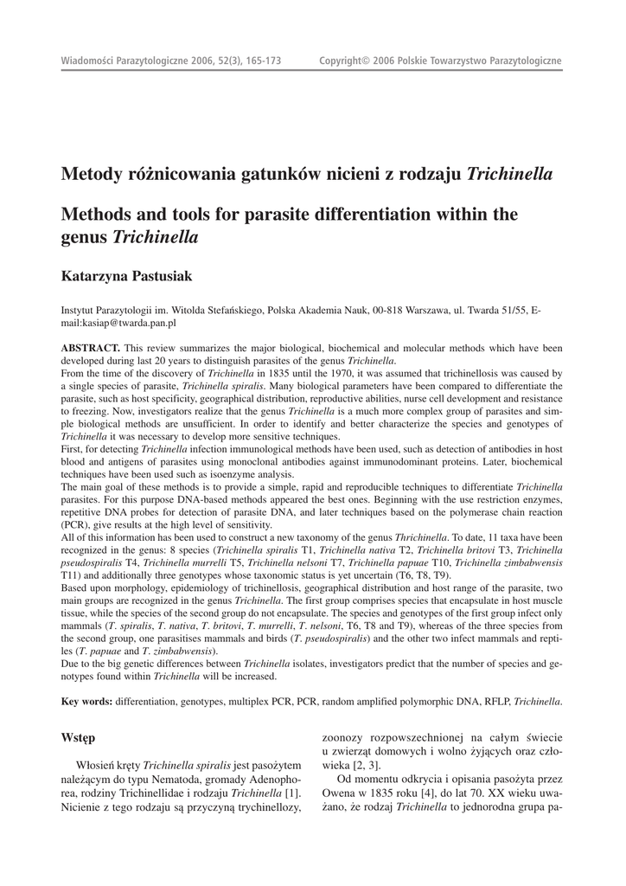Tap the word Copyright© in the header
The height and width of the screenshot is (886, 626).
(x=344, y=61)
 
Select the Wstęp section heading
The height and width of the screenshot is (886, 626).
(x=78, y=738)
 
